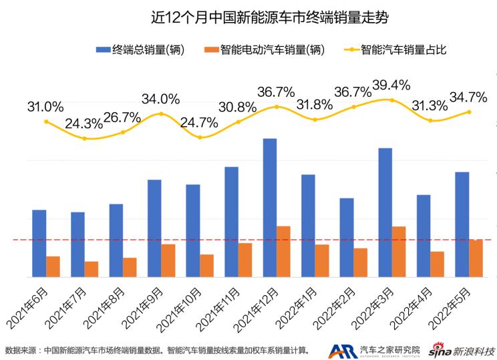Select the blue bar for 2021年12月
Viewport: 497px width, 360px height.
[270, 207]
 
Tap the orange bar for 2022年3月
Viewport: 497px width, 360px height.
[399, 251]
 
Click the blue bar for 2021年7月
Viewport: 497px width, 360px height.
[77, 244]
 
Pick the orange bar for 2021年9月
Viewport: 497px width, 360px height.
[168, 260]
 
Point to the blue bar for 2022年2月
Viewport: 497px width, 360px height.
[347, 237]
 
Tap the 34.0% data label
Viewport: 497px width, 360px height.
[161, 99]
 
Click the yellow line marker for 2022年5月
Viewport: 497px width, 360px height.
[469, 112]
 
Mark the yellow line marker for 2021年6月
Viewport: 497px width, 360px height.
[46, 122]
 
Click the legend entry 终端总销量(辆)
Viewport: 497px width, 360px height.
[140, 50]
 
